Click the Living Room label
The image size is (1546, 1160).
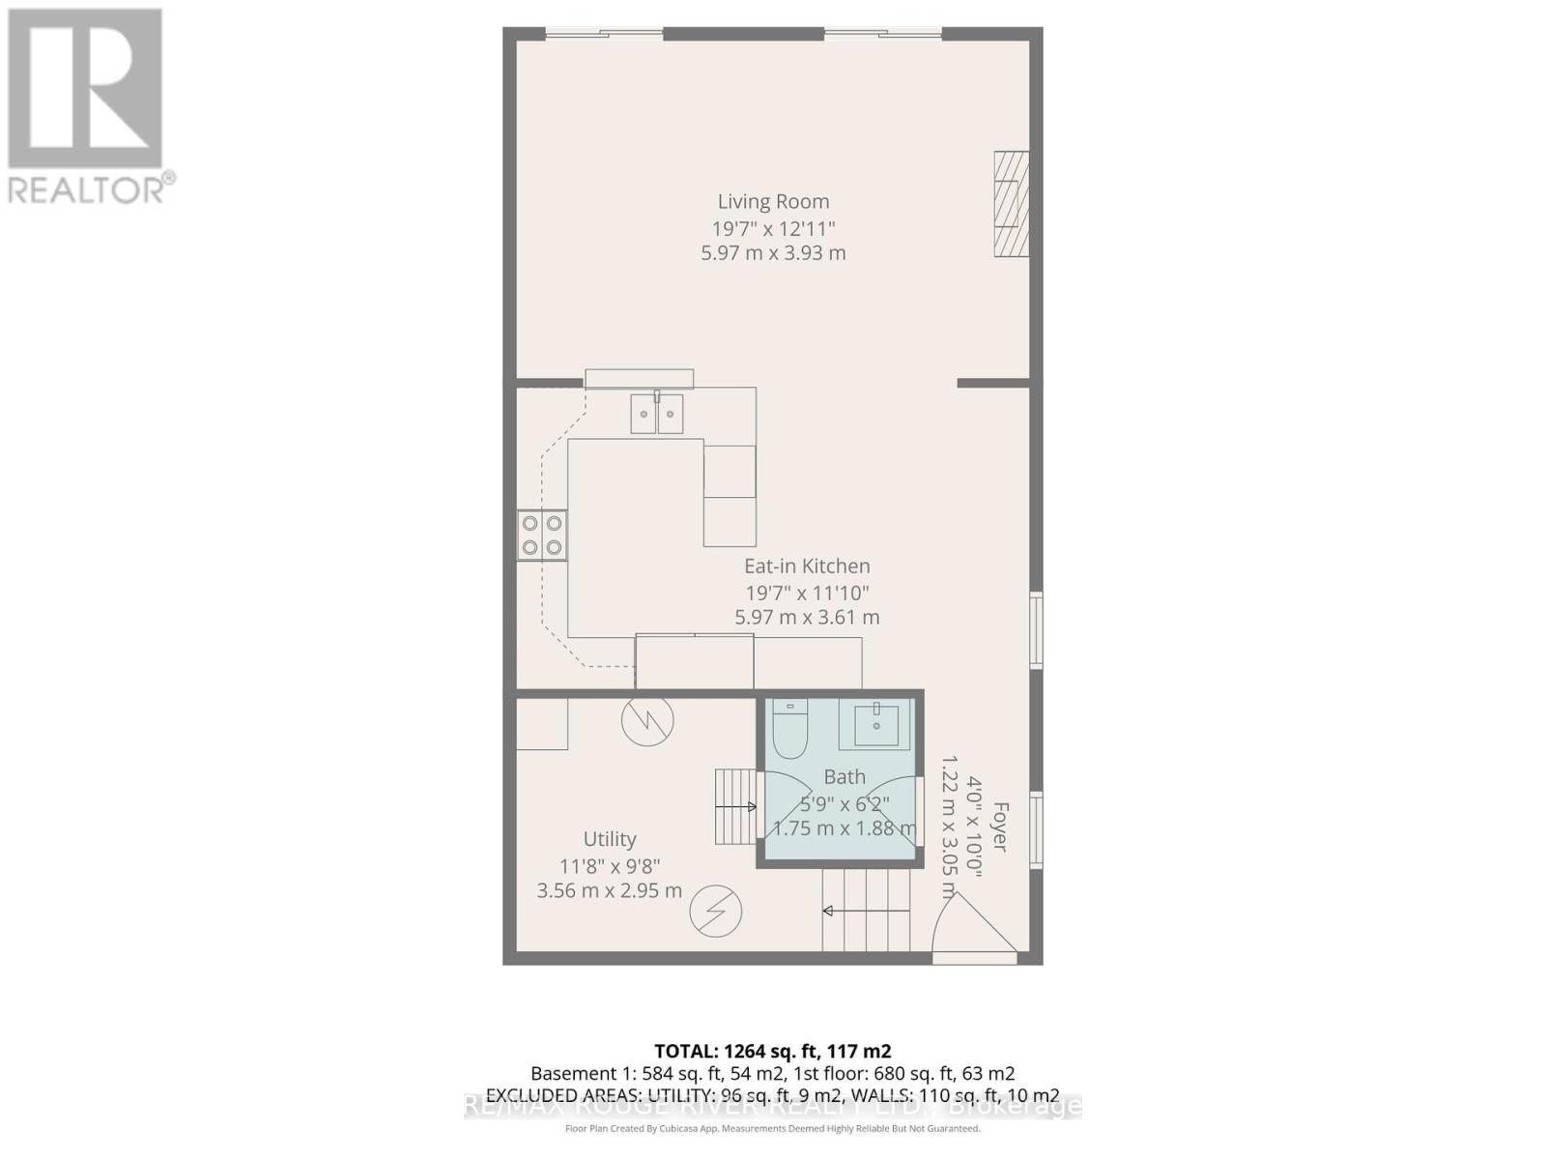click(x=773, y=202)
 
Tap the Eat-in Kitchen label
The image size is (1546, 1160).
click(x=807, y=566)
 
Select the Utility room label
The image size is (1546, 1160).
click(x=610, y=839)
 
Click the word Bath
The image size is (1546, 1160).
click(x=845, y=777)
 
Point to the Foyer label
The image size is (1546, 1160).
click(x=1000, y=826)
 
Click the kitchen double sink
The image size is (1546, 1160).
click(x=657, y=414)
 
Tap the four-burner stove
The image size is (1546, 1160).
click(x=542, y=536)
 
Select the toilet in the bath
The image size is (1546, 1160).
click(x=789, y=730)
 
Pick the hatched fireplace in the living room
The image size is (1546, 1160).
click(x=1012, y=204)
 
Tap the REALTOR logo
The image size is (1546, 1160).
click(x=87, y=106)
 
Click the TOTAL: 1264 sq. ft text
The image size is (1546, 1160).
click(x=772, y=1052)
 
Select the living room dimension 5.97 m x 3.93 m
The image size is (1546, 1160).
click(x=773, y=253)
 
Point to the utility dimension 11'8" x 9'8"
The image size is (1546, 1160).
click(x=610, y=866)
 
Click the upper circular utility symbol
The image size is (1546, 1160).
click(x=647, y=720)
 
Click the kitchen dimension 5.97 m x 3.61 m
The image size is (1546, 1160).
click(x=807, y=618)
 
